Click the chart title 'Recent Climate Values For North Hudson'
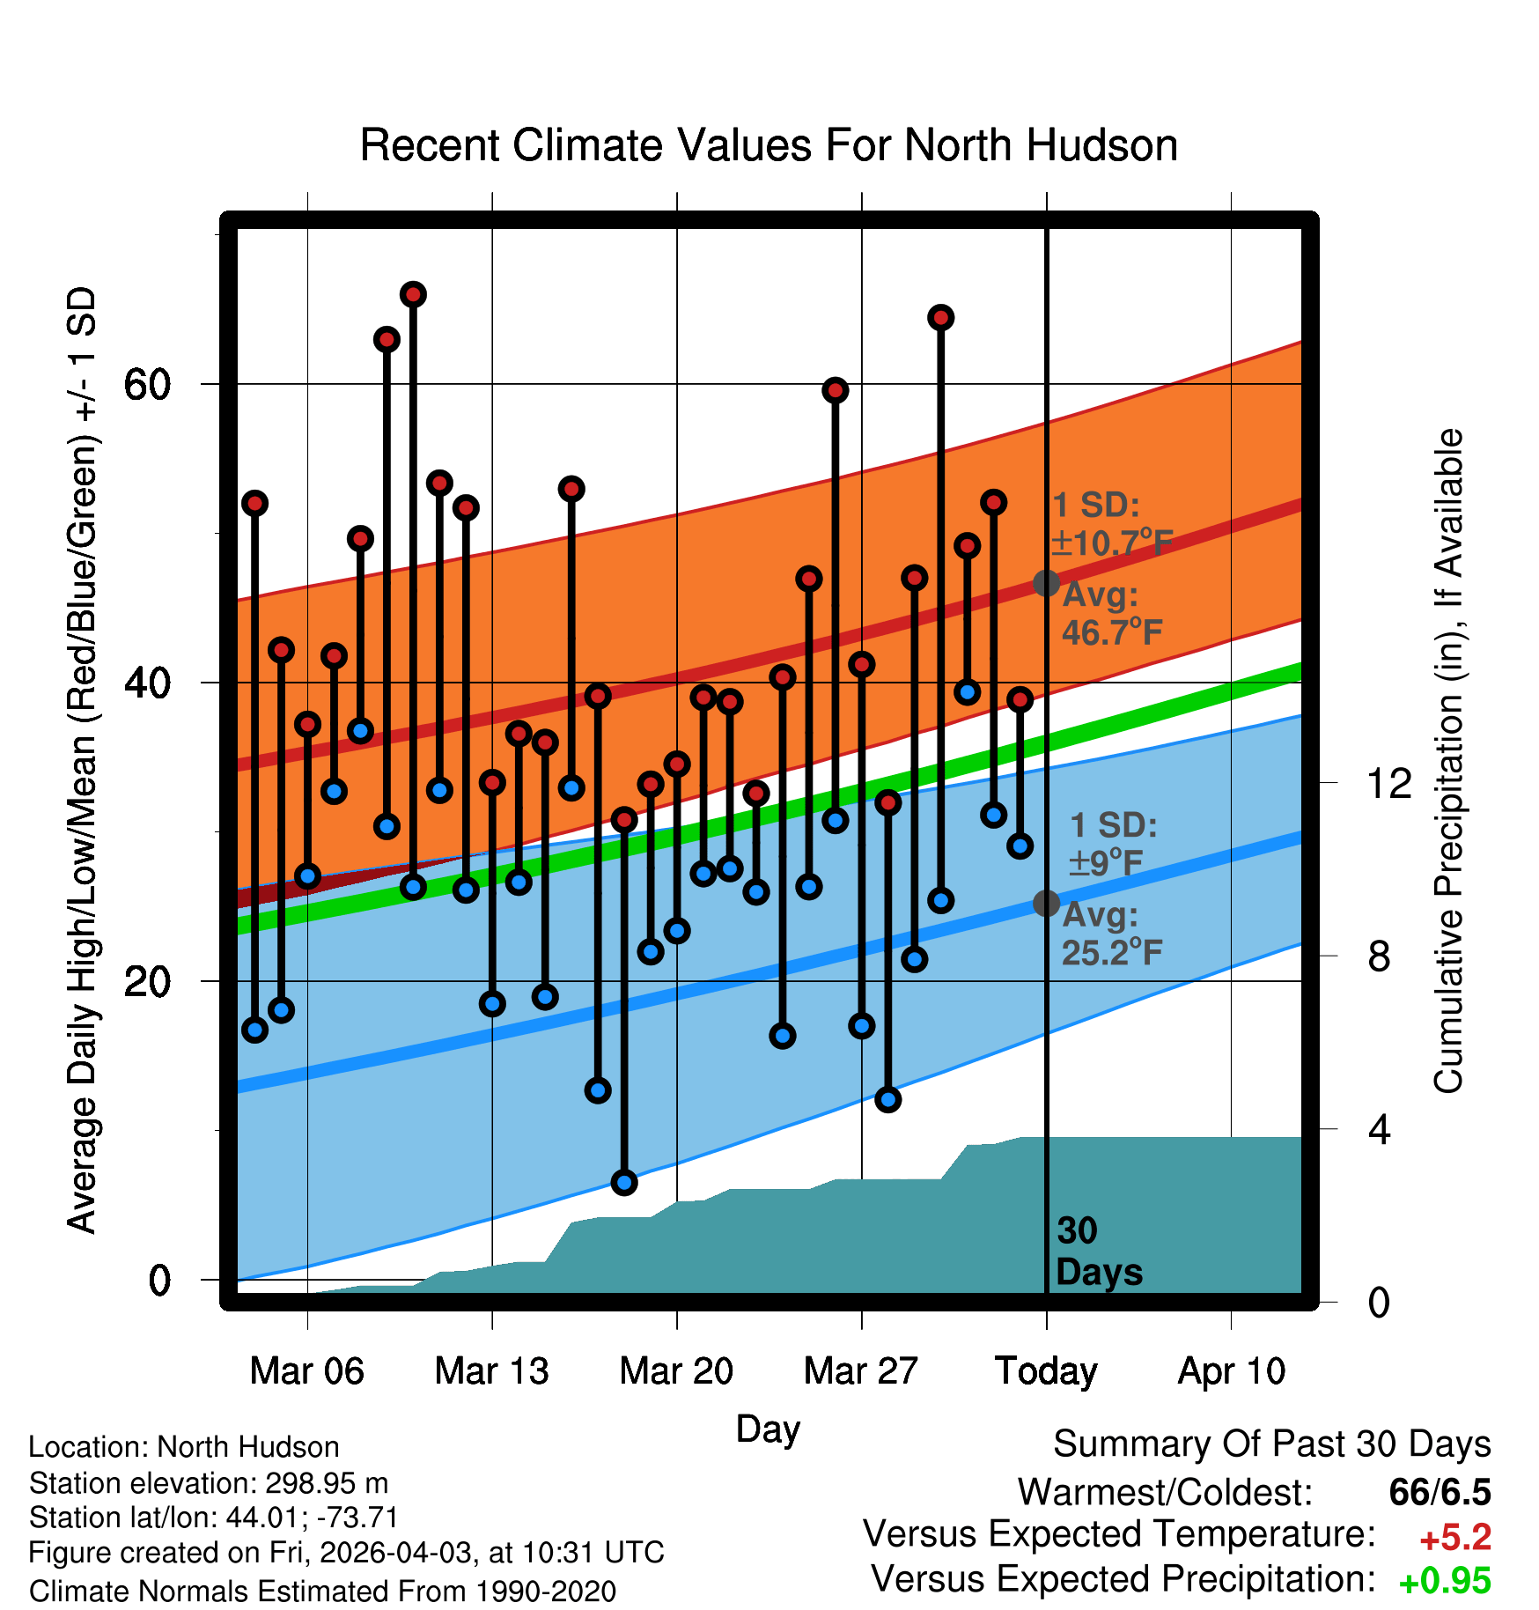click(x=769, y=145)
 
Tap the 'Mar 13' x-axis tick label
click(x=491, y=1371)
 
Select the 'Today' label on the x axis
click(x=1046, y=1371)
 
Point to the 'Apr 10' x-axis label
click(x=1232, y=1371)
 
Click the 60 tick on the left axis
click(x=147, y=384)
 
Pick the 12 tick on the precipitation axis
click(x=1388, y=783)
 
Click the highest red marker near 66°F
click(x=413, y=294)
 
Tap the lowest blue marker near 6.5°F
click(x=624, y=1182)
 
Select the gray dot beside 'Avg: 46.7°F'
click(x=1046, y=583)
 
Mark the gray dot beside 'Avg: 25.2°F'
click(x=1046, y=903)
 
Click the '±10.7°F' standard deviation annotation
click(x=1111, y=542)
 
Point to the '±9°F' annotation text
click(x=1105, y=862)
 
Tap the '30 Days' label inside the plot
click(x=1099, y=1252)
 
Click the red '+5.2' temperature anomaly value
click(x=1455, y=1538)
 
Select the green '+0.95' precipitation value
click(x=1445, y=1581)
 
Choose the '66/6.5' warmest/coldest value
click(x=1440, y=1492)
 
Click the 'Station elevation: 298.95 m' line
click(x=209, y=1483)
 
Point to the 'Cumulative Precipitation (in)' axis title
click(x=1448, y=761)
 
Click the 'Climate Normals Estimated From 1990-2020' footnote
click(x=322, y=1592)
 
